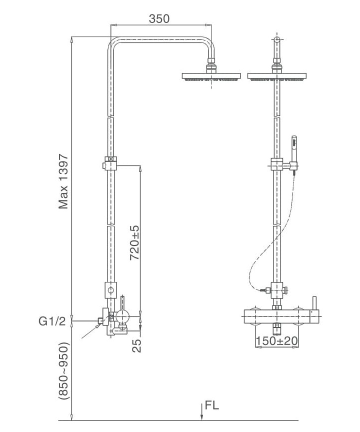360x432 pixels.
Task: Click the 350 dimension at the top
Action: (159, 19)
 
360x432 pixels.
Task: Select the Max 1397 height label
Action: (63, 181)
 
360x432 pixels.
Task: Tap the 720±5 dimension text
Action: (134, 242)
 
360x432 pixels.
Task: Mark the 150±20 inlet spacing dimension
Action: (276, 341)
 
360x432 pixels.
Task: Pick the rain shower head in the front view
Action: (276, 76)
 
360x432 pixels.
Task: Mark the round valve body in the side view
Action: (122, 316)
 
